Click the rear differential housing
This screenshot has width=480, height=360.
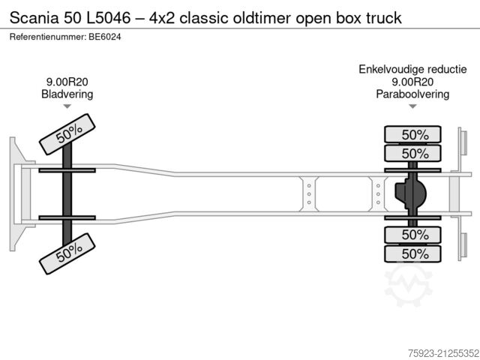(411, 193)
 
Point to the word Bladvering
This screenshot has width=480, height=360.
(67, 94)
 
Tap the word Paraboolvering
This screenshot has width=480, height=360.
(412, 94)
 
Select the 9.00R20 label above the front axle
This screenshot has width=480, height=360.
(67, 82)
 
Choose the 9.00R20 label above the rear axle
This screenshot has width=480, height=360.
(412, 82)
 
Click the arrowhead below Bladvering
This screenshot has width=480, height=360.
(67, 106)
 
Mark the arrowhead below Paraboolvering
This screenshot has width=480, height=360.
(412, 106)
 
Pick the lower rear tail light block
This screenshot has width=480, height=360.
(462, 244)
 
